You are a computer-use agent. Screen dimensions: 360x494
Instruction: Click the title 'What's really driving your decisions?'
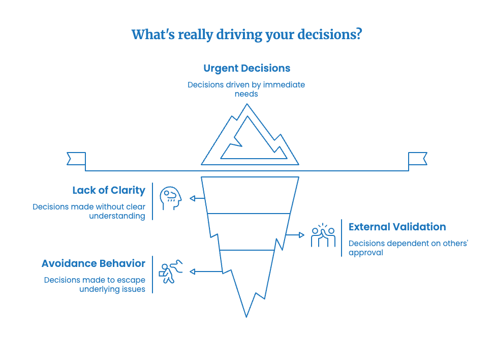246,35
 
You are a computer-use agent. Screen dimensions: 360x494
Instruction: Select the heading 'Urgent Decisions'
246,68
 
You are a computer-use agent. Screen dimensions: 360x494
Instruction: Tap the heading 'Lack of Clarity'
109,191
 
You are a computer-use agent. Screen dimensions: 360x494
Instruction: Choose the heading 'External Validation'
397,227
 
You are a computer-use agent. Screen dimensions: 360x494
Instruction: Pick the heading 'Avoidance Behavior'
94,263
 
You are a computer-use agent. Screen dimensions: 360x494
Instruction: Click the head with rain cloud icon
170,198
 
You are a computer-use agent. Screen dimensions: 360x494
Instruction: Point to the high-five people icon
323,235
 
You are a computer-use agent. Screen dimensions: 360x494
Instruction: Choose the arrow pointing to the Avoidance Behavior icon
205,272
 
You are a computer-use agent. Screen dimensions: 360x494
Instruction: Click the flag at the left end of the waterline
77,159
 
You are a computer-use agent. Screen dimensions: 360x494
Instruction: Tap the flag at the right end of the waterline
417,159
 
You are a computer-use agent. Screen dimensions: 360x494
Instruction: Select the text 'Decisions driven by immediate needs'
246,89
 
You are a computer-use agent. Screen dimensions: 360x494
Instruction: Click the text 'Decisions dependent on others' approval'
408,248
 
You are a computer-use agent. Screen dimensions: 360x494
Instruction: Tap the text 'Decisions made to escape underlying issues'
95,284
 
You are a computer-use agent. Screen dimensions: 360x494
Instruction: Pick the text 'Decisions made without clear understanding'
89,211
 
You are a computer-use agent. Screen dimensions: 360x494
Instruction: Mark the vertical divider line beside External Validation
342,238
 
